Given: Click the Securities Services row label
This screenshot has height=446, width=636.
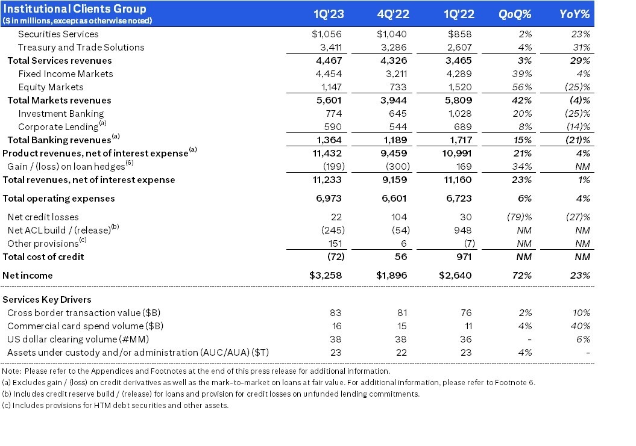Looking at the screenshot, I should (x=58, y=34).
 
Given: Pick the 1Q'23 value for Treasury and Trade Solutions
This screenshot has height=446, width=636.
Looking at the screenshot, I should (x=321, y=47).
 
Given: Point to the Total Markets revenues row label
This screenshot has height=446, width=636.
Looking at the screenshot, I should (x=59, y=100).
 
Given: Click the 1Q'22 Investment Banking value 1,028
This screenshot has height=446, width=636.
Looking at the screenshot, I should (x=460, y=113).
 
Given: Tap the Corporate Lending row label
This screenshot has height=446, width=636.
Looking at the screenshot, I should (x=58, y=126).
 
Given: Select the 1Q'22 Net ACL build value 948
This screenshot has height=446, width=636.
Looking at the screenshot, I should (x=464, y=230).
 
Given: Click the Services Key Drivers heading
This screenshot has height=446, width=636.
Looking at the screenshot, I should (x=47, y=299).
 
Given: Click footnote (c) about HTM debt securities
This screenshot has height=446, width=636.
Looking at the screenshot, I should (x=115, y=405).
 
